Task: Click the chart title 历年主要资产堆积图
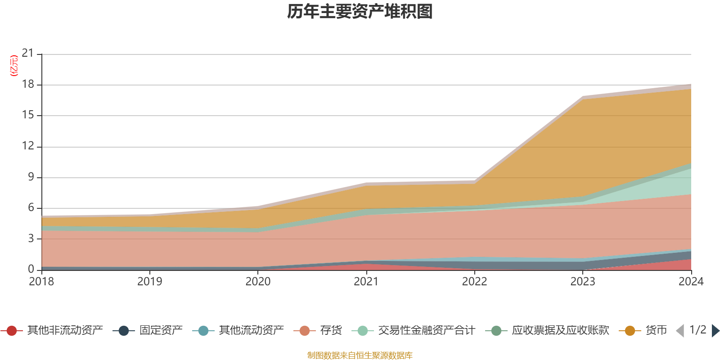pos(360,12)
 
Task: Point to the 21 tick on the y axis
pos(28,54)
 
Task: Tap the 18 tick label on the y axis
pos(28,85)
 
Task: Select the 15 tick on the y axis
pos(28,115)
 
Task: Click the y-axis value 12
pos(28,146)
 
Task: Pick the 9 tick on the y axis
pos(31,177)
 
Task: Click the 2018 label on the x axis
pos(41,282)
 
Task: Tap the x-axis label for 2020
pos(258,282)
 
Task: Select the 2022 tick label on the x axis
pos(474,282)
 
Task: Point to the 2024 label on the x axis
pos(691,282)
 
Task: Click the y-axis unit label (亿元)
pos(14,66)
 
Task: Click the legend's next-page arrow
pos(715,331)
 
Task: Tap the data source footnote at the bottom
pos(360,355)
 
